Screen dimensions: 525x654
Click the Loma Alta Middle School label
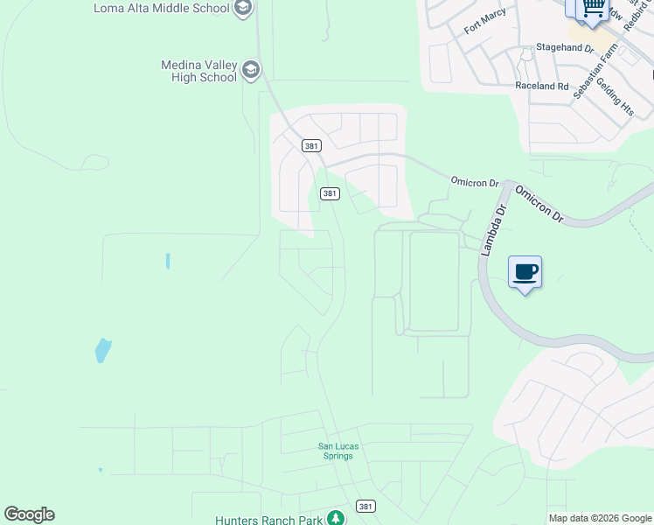[162, 9]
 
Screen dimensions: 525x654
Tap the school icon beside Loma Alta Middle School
[244, 9]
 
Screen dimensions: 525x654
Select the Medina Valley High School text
[198, 71]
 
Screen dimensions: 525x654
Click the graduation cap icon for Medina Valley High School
[251, 70]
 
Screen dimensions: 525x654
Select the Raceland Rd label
[542, 87]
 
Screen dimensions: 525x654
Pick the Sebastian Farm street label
[595, 71]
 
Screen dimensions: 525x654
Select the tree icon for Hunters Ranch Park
[335, 519]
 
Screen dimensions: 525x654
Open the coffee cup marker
[525, 272]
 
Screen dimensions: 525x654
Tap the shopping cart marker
[593, 7]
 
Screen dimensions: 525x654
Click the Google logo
[29, 514]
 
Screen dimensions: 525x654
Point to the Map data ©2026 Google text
[600, 518]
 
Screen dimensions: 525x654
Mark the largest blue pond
[103, 350]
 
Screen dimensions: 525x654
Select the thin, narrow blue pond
[167, 261]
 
